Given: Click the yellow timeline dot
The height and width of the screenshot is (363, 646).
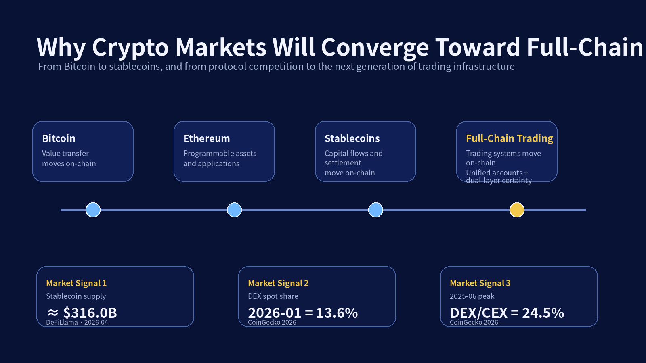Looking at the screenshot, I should click(x=517, y=210).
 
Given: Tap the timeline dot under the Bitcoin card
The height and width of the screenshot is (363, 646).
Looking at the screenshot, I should click(x=93, y=210).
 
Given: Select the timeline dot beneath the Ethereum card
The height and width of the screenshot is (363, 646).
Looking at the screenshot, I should click(x=234, y=210).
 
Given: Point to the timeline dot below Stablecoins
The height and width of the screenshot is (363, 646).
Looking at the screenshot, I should click(x=375, y=210).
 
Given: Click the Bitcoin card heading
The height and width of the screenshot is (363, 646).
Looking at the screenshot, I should click(x=59, y=138).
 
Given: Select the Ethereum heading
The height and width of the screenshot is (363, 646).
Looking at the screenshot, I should click(x=206, y=138).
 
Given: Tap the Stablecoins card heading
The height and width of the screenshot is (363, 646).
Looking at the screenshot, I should click(x=352, y=138).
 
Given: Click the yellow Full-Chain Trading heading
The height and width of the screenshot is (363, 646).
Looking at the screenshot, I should click(x=510, y=138).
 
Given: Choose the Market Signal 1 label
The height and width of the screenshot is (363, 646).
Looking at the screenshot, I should click(x=76, y=283).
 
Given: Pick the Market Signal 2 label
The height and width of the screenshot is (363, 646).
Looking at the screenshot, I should click(x=278, y=283).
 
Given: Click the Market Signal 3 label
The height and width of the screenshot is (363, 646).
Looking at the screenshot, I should click(x=480, y=283).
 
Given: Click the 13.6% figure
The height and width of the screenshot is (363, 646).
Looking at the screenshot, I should click(x=337, y=313).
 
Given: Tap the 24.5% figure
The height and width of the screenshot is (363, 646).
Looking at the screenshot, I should click(x=543, y=313).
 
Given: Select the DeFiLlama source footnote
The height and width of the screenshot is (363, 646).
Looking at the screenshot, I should click(x=77, y=322).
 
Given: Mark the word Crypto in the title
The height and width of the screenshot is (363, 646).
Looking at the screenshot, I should click(x=130, y=48).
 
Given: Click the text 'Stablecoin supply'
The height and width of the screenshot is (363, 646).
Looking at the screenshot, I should click(x=76, y=296).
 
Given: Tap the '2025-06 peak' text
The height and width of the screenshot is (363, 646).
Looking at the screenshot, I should click(x=472, y=296).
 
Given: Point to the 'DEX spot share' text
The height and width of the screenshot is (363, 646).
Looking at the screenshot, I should click(x=273, y=296).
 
